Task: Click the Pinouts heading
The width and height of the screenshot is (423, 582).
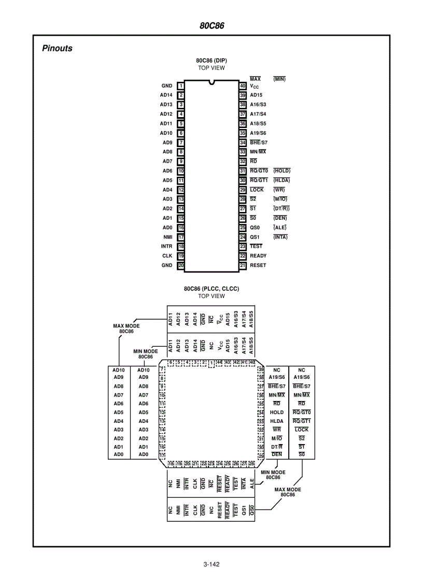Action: tap(57, 49)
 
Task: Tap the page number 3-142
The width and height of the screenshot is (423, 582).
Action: tap(212, 565)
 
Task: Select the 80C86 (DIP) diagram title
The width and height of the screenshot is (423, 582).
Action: tap(212, 61)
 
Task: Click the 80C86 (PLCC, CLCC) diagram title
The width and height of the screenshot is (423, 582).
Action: tap(212, 289)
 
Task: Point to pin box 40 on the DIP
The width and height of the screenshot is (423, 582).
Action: tap(242, 86)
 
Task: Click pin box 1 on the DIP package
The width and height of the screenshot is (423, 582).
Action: tap(181, 86)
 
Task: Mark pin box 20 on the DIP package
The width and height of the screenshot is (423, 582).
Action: tap(181, 265)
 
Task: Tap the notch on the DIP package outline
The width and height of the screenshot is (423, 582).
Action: tap(212, 82)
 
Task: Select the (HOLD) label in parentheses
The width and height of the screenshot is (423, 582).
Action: tap(281, 171)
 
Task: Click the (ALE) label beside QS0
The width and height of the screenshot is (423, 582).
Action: tap(280, 228)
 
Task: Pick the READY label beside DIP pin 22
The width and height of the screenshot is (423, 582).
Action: tap(258, 255)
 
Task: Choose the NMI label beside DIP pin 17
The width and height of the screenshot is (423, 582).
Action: tap(167, 237)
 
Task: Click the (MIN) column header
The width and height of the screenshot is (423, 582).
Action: tap(279, 79)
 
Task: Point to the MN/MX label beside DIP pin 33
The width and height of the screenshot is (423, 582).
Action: tap(258, 151)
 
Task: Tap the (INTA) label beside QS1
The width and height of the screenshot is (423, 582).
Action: tap(280, 237)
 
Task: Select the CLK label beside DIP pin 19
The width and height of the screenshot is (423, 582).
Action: tap(167, 255)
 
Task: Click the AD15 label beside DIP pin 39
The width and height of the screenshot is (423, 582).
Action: tap(256, 95)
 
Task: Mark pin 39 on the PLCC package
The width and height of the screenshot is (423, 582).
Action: tap(261, 369)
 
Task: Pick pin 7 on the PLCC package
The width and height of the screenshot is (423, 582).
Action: tap(162, 369)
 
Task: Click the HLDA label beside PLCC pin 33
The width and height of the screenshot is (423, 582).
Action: tap(276, 421)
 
